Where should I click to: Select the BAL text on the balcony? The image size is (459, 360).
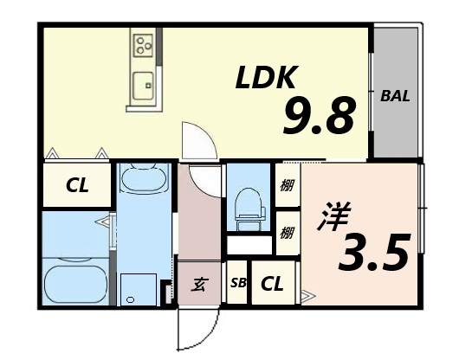pos(395,95)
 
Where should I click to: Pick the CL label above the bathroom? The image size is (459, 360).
pos(77,184)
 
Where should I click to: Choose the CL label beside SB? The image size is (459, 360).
pos(272,282)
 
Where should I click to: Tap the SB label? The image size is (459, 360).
pos(237,283)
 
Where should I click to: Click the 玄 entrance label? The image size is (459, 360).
pos(197,283)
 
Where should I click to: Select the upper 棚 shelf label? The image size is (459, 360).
pos(286,184)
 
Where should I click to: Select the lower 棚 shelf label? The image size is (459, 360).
pos(286,232)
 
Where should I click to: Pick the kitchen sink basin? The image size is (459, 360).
pos(143,86)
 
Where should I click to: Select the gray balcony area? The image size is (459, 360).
pos(395,95)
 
